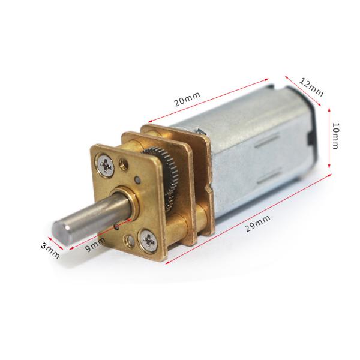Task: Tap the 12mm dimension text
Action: pyautogui.click(x=311, y=86)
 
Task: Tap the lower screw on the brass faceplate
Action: pyautogui.click(x=147, y=241)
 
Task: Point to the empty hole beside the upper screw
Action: pyautogui.click(x=124, y=162)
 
